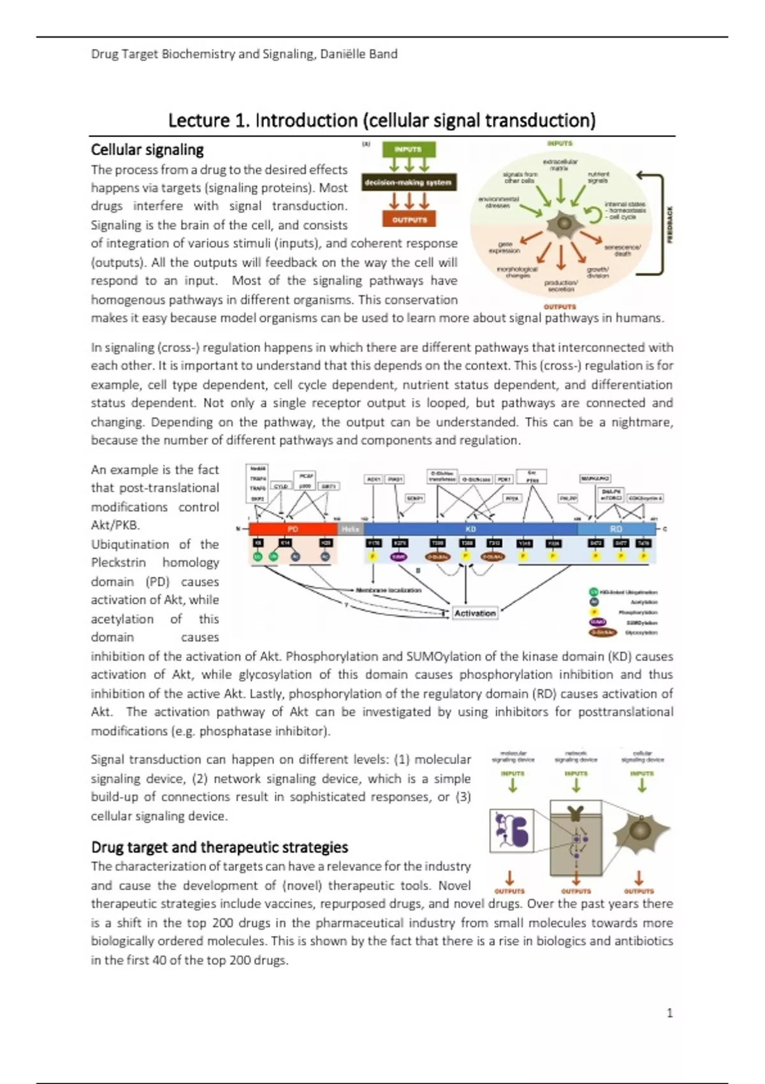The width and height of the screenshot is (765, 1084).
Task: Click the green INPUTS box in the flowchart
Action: coord(408,149)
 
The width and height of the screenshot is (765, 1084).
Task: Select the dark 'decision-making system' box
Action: coord(408,182)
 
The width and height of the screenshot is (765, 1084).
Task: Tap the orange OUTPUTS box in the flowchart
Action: coord(409,220)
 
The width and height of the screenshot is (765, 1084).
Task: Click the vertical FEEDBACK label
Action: coord(670,224)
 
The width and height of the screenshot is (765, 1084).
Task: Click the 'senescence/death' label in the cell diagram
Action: coord(623,250)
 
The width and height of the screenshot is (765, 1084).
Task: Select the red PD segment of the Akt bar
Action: coord(293,529)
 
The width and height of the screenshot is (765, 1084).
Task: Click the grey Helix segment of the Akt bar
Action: coord(350,529)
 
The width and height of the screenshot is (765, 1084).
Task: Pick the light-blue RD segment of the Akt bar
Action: coord(616,529)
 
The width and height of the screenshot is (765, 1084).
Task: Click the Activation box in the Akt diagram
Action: coord(475,613)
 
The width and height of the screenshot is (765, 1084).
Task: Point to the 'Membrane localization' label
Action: coord(388,590)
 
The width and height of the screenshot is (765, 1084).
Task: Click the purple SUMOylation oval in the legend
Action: coord(597,622)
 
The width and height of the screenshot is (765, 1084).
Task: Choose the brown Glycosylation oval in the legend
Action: coord(603,633)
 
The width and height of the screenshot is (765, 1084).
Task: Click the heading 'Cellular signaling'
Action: coord(147,150)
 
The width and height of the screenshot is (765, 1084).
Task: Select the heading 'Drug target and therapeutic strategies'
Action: coord(219,847)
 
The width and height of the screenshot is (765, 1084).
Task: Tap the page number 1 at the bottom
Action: coord(669,1013)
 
